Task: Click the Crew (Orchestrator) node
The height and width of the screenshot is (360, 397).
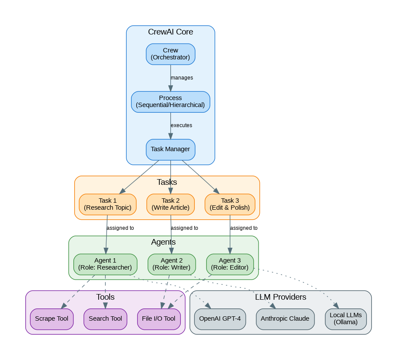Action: pyautogui.click(x=170, y=54)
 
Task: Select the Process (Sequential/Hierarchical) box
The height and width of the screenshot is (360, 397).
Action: pyautogui.click(x=170, y=101)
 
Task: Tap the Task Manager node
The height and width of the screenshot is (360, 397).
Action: pyautogui.click(x=170, y=149)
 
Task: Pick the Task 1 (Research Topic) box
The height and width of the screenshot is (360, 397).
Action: pyautogui.click(x=107, y=204)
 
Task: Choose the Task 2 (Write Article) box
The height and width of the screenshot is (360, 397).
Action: pyautogui.click(x=170, y=204)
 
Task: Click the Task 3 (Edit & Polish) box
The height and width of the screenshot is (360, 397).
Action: pyautogui.click(x=230, y=204)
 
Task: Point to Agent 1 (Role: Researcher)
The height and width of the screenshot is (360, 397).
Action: pyautogui.click(x=105, y=264)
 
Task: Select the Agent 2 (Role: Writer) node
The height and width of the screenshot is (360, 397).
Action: pyautogui.click(x=172, y=264)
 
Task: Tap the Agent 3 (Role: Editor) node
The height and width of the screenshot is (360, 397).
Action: pyautogui.click(x=230, y=264)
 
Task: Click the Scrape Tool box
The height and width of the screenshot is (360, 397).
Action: pyautogui.click(x=52, y=318)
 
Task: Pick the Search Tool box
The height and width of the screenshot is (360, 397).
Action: pyautogui.click(x=105, y=318)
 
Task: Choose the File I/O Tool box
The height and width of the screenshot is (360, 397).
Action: pyautogui.click(x=159, y=318)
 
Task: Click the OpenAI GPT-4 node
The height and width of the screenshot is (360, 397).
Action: pyautogui.click(x=220, y=318)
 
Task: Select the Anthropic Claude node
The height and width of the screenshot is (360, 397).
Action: pyautogui.click(x=285, y=318)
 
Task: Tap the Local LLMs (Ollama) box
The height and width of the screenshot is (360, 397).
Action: pyautogui.click(x=346, y=318)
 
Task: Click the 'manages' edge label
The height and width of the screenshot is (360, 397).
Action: pyautogui.click(x=182, y=78)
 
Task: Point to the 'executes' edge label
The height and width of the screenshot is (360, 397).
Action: pyautogui.click(x=181, y=125)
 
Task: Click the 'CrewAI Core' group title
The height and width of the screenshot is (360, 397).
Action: pyautogui.click(x=170, y=32)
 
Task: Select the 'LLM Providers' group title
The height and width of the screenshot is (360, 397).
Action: pyautogui.click(x=280, y=297)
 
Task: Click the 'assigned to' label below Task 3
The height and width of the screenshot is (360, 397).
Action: pyautogui.click(x=244, y=228)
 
